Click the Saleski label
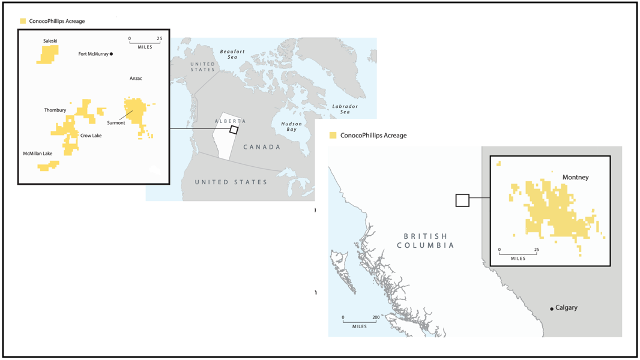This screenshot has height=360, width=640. click(x=50, y=41)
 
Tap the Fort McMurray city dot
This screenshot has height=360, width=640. click(x=111, y=54)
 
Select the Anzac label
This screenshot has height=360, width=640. click(x=136, y=78)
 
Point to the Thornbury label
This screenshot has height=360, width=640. click(x=55, y=110)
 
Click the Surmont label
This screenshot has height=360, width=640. click(x=116, y=123)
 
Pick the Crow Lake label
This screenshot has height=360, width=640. click(x=91, y=136)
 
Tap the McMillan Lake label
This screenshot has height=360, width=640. click(x=38, y=154)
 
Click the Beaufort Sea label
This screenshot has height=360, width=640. click(x=232, y=54)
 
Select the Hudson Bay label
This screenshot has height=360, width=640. click(x=291, y=127)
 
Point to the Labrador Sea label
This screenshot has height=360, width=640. click(x=345, y=109)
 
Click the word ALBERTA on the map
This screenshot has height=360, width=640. click(x=231, y=121)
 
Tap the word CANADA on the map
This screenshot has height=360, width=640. click(x=262, y=147)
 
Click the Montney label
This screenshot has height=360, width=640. click(x=575, y=178)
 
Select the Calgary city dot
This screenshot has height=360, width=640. click(x=552, y=309)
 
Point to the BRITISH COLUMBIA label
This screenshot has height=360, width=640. click(x=425, y=241)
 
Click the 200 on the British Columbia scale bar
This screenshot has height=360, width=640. click(x=376, y=317)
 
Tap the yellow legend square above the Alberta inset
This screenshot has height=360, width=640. click(x=23, y=21)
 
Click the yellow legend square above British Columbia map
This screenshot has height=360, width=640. click(x=333, y=136)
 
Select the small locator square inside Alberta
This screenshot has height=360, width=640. click(x=234, y=130)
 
